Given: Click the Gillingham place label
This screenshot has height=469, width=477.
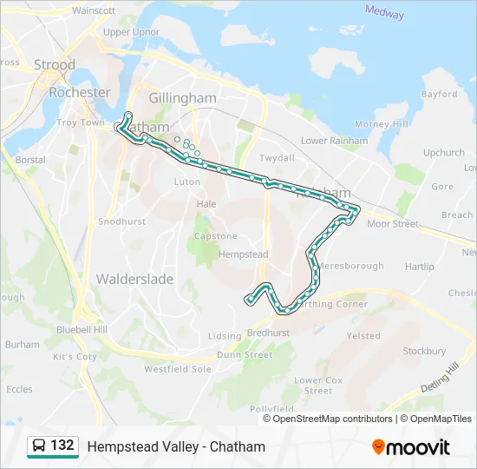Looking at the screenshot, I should coord(182,98).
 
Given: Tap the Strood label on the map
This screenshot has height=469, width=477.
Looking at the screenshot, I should coord(55,65).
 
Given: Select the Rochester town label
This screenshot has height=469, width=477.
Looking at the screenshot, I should coord(79,92).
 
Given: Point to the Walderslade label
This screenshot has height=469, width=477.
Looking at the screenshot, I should coord(134,279).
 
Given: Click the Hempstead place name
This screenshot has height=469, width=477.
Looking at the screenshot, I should coord(244,255).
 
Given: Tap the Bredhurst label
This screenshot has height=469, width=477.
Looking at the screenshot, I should coord(268,333).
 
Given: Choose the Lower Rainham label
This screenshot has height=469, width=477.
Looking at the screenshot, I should coord(334,141).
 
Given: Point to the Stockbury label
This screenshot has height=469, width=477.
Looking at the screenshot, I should coord(424,351).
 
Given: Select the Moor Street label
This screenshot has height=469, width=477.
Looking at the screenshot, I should coord(392,224).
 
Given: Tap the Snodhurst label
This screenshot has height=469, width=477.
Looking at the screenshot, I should coord(121,221).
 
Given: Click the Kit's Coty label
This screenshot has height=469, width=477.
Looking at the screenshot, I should coord(75,357).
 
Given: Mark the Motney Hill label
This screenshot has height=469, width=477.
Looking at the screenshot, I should coord(381,124).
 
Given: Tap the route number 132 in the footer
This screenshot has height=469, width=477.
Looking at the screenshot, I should coord(62,446).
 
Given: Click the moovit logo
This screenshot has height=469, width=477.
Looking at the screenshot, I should coord(411,447).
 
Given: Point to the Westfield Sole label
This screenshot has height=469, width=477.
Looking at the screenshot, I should coord(177,369).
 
